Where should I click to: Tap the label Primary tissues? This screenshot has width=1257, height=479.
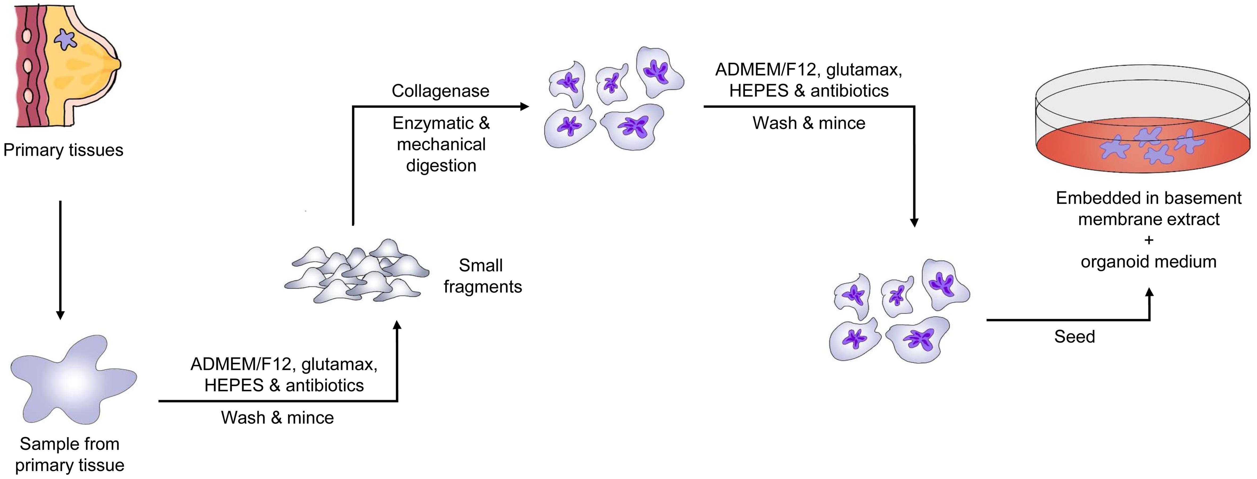63,150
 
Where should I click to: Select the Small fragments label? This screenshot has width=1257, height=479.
482,276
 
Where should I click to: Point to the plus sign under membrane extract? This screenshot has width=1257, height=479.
1149,240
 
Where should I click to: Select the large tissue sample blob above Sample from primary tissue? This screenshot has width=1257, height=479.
73,378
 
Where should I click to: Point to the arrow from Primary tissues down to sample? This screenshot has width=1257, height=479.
60,259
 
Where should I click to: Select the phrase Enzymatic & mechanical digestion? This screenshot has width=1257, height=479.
441,144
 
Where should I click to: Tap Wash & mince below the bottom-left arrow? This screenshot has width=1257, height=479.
277,417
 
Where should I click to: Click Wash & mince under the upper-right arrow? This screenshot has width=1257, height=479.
809,123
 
